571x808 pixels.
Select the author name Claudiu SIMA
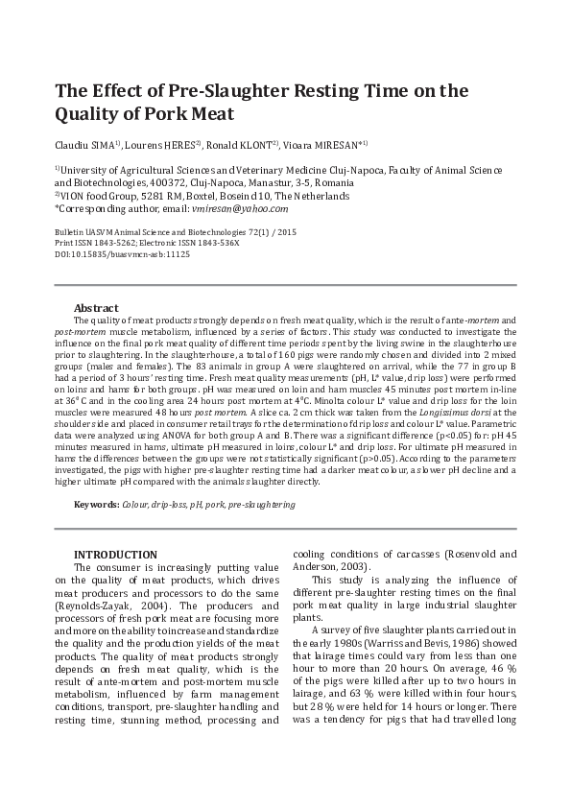click(x=84, y=146)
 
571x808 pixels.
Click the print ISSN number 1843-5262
click(x=117, y=244)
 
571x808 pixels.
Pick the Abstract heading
click(x=96, y=307)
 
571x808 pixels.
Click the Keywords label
click(x=97, y=505)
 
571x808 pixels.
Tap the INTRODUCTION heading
click(x=115, y=555)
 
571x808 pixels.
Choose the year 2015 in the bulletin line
click(x=287, y=233)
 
